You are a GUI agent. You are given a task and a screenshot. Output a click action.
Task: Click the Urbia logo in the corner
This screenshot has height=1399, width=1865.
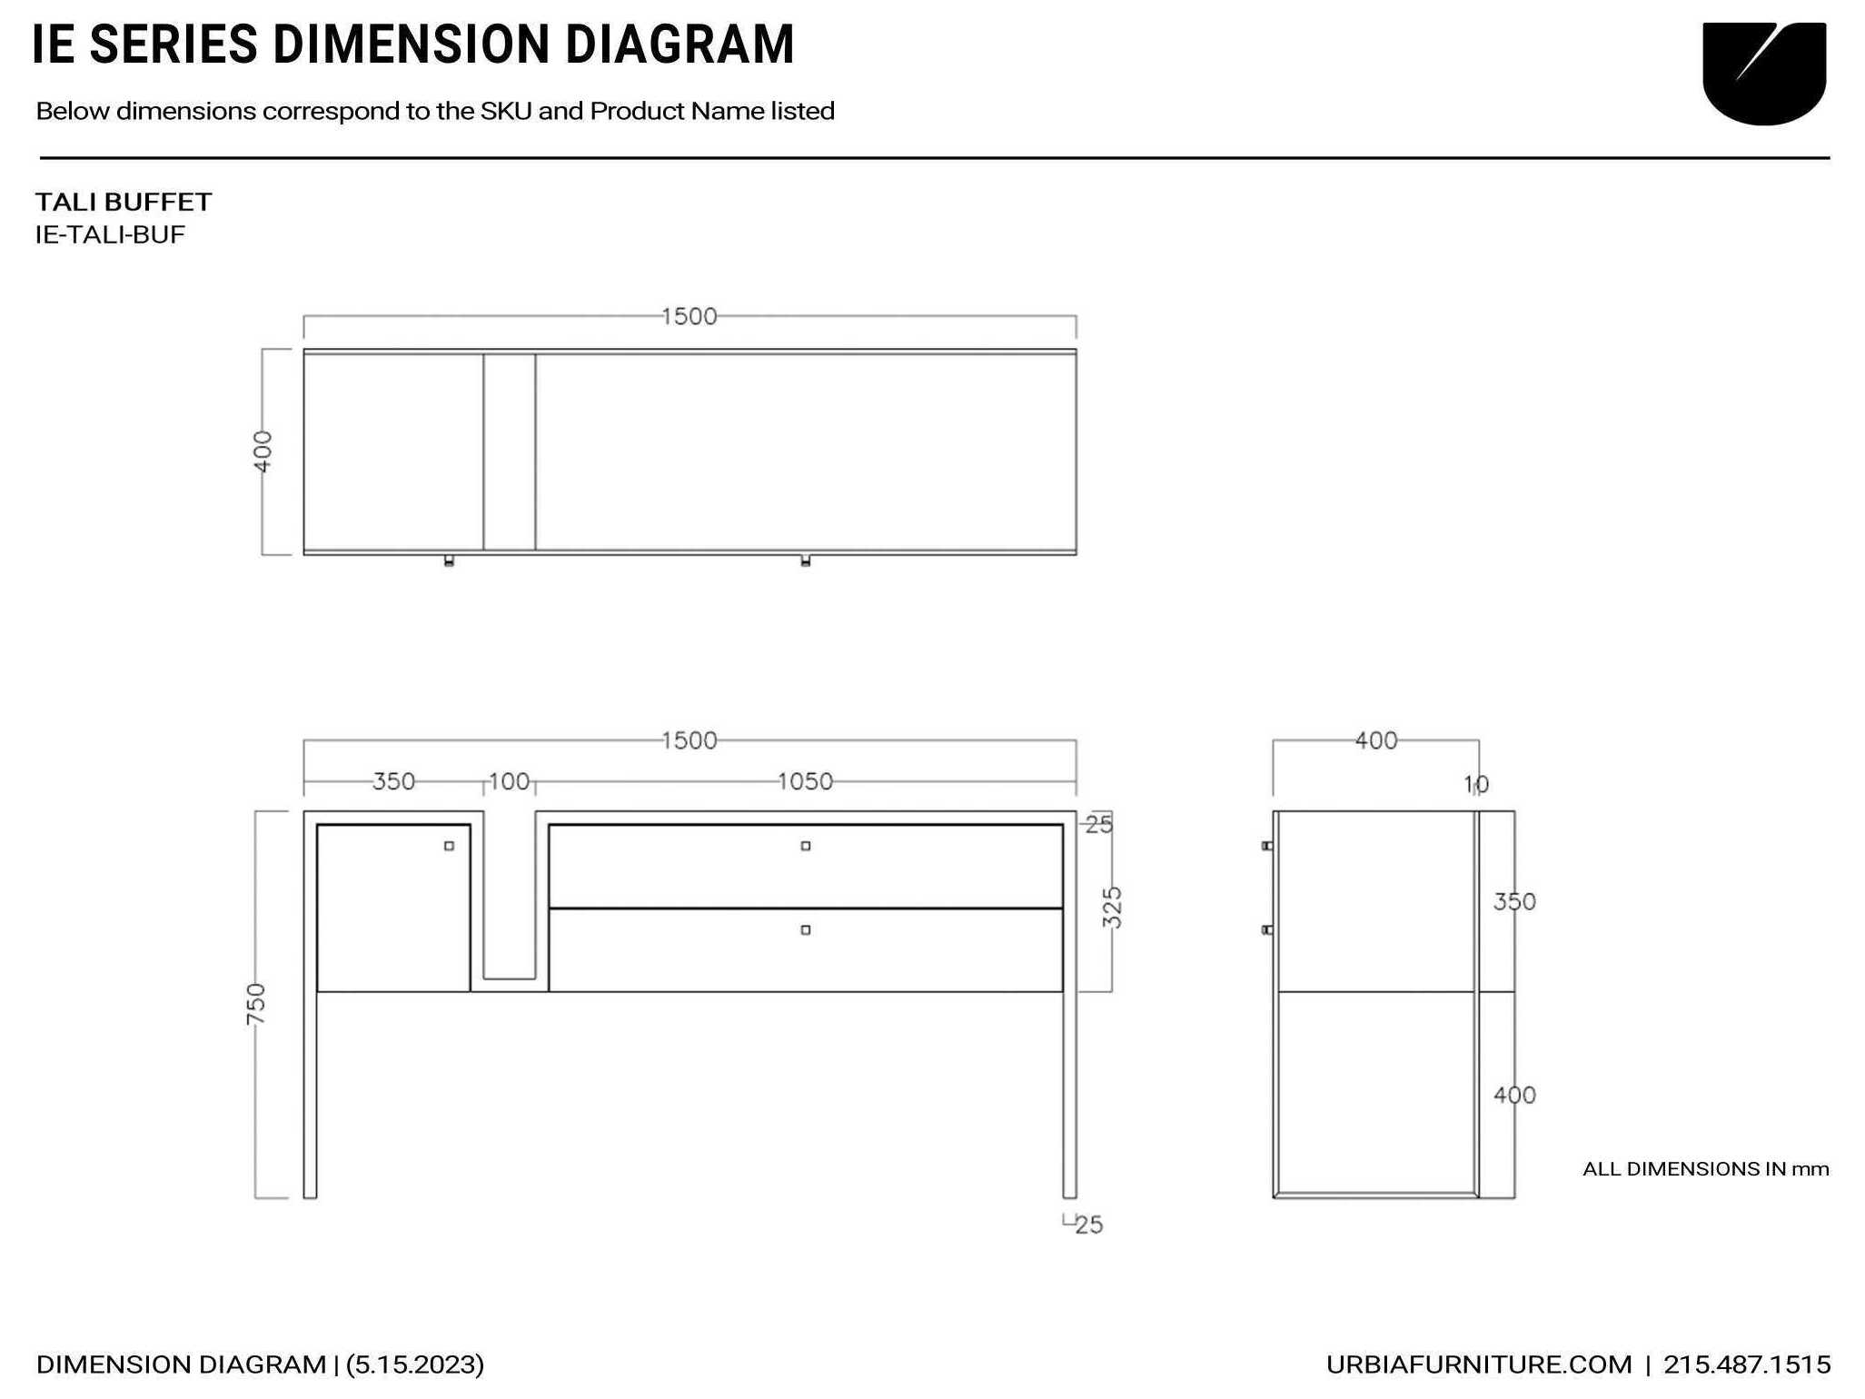pos(1763,73)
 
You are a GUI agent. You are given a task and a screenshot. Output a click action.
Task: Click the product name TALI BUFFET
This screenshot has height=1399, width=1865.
pos(124,202)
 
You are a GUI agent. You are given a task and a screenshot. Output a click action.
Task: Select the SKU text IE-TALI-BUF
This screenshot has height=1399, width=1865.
pos(110,234)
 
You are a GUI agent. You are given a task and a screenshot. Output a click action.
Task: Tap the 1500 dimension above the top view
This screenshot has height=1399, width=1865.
pos(689,316)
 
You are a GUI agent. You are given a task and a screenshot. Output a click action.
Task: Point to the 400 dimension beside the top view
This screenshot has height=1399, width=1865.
pos(262,451)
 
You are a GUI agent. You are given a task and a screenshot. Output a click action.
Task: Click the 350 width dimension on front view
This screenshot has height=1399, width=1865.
pos(393,781)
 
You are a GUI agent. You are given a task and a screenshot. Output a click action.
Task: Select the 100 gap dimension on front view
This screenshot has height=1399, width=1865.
pos(509,781)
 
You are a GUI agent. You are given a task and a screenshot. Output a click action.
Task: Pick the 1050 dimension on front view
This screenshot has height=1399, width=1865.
pos(805,781)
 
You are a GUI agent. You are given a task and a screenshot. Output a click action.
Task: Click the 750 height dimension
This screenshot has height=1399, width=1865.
pos(256,1004)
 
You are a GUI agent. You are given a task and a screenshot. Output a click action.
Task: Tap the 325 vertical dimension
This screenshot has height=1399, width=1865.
pos(1112,908)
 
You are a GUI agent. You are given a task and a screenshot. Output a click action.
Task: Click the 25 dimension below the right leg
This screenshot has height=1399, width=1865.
pos(1088,1225)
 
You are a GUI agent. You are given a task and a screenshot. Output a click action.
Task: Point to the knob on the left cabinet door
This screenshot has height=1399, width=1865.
pos(449,846)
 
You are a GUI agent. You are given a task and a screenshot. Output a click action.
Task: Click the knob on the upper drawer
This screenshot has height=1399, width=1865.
pos(805,846)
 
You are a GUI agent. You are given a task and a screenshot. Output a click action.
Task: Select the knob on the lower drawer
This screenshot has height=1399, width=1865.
pos(805,930)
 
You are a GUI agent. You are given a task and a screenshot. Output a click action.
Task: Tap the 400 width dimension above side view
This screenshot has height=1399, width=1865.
pos(1375,741)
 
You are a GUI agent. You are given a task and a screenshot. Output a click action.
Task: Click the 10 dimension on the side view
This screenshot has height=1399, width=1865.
pos(1476,784)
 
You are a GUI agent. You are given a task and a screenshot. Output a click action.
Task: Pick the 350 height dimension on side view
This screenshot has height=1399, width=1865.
pos(1514,902)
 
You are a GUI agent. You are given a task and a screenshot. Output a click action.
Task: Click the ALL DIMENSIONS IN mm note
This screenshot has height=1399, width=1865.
pos(1705,1169)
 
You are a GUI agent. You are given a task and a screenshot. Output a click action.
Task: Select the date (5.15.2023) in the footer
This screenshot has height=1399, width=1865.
pos(415,1364)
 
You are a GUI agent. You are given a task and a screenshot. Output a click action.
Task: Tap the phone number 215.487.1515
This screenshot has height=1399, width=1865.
pos(1746,1364)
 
